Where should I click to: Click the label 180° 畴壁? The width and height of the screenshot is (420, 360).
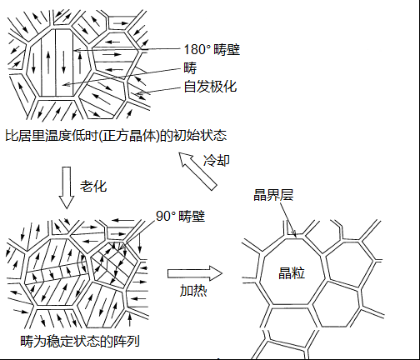point(212,50)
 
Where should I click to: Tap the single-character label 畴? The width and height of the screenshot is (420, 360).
point(190,68)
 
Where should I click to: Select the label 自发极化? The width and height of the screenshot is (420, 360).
point(210,87)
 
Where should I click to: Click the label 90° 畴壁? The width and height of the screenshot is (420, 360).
point(180,216)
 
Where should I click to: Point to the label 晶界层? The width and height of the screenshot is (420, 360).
point(273,195)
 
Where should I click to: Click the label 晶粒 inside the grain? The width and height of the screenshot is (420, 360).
point(292,273)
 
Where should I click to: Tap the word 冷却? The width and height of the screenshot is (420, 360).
point(217,160)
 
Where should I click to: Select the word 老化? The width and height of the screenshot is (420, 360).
point(93,186)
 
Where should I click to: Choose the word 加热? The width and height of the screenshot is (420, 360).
point(193,291)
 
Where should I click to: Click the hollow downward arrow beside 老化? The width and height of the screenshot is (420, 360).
point(67,187)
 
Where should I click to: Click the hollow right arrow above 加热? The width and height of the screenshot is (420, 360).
point(195,273)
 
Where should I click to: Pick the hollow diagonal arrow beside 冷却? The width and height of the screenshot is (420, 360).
point(197,171)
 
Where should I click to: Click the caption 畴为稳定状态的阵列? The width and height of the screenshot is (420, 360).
point(80,341)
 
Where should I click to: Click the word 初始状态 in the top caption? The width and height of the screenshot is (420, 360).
point(200,136)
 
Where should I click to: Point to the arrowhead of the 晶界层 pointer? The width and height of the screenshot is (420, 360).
point(294,235)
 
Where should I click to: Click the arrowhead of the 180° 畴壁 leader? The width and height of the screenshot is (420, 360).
point(76,50)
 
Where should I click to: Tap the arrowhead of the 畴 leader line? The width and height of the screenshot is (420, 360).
point(63,84)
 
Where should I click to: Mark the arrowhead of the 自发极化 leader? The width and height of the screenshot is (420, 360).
point(137,94)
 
